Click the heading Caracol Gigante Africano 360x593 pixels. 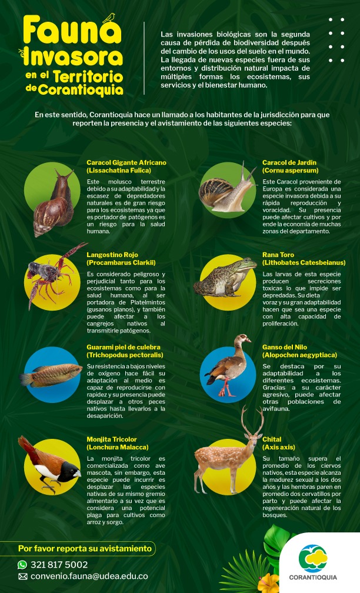click(126, 162)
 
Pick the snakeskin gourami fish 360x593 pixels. click(52, 375)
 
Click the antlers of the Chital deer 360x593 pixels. click(252, 421)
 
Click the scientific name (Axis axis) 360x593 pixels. click(278, 447)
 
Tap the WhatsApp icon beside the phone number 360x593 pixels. click(23, 565)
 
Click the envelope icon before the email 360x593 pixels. click(23, 577)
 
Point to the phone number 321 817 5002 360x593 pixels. click(59, 565)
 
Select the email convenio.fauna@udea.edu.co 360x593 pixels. click(89, 577)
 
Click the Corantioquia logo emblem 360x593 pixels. click(313, 558)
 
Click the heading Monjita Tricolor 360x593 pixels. click(111, 439)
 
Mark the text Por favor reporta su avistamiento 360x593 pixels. click(85, 549)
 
